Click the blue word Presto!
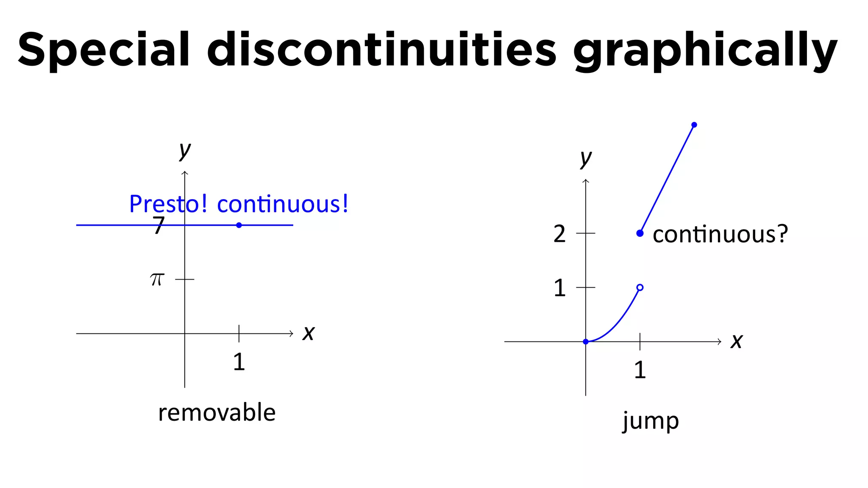168,204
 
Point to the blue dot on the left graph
239,225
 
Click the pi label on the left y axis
157,280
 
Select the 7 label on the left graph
159,225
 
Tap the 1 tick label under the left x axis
239,362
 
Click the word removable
217,413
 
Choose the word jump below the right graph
651,421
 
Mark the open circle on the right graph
640,288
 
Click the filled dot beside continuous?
640,233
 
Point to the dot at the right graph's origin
586,341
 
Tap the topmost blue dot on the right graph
694,125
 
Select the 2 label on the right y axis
559,234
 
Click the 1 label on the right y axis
559,288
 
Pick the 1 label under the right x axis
640,370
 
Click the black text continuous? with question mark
720,234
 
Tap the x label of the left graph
309,333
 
